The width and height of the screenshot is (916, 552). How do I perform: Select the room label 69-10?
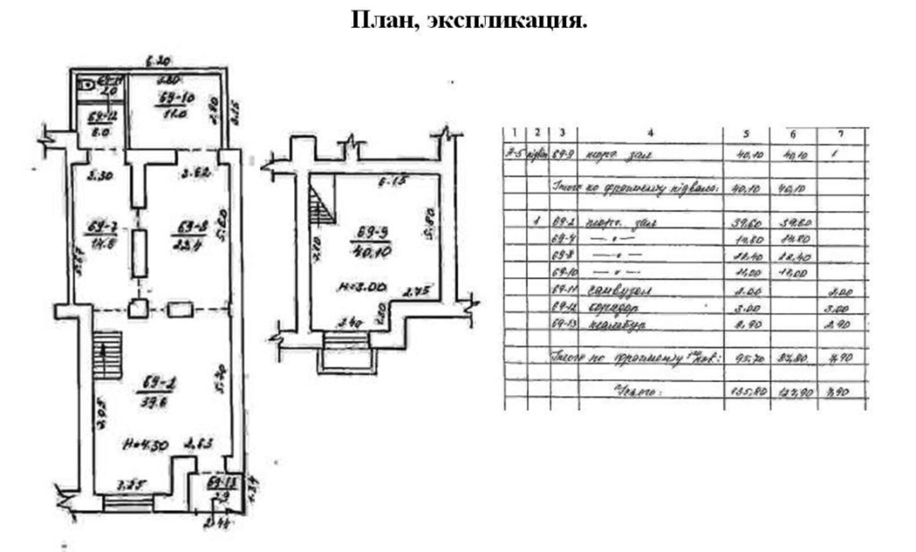(175, 98)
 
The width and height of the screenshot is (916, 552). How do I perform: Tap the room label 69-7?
(102, 228)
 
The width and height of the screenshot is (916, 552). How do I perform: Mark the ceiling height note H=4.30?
(145, 444)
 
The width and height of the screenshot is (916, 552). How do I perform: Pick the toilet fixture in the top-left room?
(87, 85)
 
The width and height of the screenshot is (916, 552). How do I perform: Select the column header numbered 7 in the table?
(840, 134)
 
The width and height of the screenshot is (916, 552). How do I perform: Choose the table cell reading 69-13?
(563, 325)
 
